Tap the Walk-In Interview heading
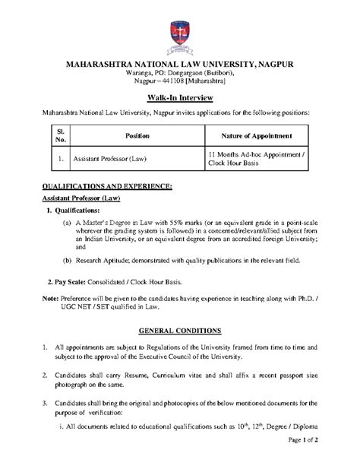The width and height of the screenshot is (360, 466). click(179, 98)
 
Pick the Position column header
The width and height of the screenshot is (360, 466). click(137, 135)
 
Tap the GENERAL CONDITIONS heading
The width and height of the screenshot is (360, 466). click(179, 331)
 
